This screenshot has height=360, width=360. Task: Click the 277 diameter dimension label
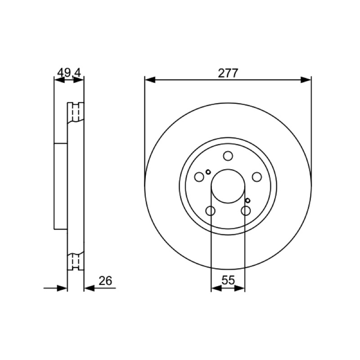[x=228, y=73]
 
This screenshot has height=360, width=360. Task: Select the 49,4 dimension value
[x=69, y=73]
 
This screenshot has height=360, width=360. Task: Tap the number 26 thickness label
[x=105, y=281]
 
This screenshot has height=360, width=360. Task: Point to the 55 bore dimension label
[x=228, y=280]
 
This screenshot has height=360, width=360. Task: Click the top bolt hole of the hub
[x=228, y=156]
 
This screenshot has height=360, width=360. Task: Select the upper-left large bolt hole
[x=199, y=177]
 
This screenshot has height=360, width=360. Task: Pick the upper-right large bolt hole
[x=256, y=177]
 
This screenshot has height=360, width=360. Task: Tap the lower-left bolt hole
[x=210, y=211]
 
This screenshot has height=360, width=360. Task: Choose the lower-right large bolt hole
[x=246, y=211]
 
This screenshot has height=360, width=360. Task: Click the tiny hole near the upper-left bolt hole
[x=208, y=172]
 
